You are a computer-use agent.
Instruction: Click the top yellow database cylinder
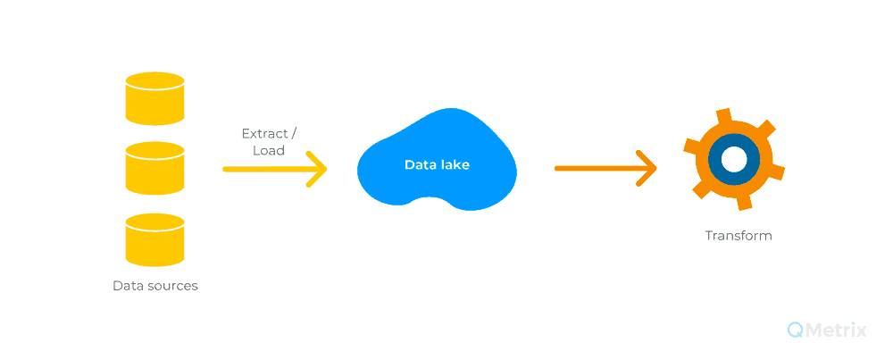[x=154, y=98]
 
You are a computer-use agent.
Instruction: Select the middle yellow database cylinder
[x=154, y=169]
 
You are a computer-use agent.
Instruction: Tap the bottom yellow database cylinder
[x=154, y=239]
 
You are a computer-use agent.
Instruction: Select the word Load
[x=269, y=152]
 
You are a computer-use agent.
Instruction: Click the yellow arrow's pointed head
[x=326, y=169]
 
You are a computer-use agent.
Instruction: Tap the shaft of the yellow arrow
[x=273, y=169]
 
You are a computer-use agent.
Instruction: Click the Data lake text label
[x=437, y=164]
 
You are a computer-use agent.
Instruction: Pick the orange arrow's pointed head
[x=655, y=169]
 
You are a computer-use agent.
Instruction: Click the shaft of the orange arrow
[x=605, y=169]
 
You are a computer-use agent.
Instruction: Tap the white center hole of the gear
[x=733, y=160]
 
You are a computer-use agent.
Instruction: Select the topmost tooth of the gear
[x=723, y=116]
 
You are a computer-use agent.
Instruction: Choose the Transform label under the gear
[x=739, y=235]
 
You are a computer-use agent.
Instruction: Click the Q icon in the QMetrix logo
[x=796, y=330]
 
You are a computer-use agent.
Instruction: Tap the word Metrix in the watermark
[x=836, y=330]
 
